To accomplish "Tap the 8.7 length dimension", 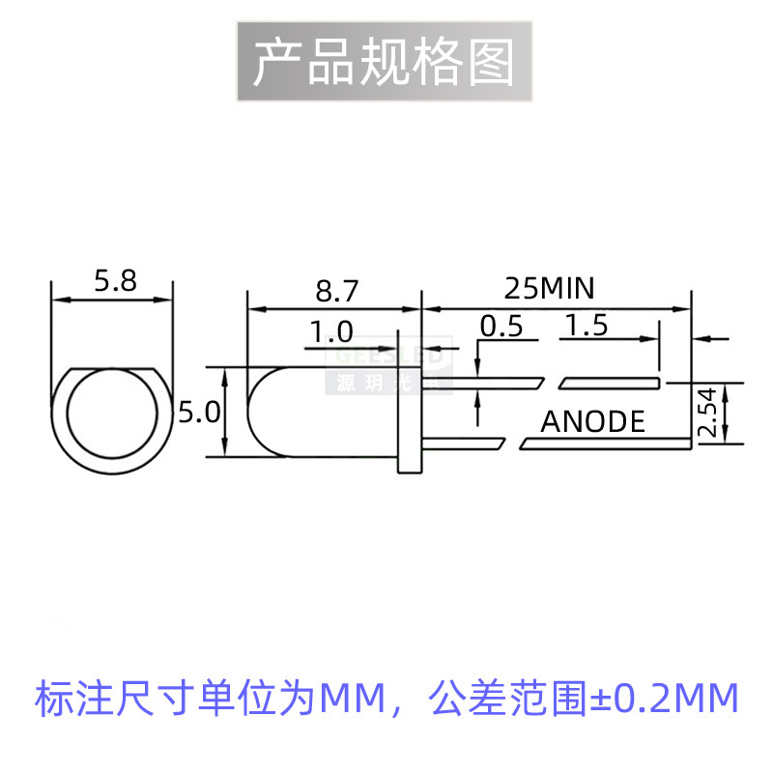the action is (336, 290).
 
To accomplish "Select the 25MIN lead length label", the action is (549, 288).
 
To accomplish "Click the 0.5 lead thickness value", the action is (501, 327).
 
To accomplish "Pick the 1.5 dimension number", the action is (587, 327).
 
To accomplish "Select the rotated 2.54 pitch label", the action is (709, 413).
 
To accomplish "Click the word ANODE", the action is (592, 421).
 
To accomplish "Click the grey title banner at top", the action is (384, 61).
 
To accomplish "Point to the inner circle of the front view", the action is (112, 416).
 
